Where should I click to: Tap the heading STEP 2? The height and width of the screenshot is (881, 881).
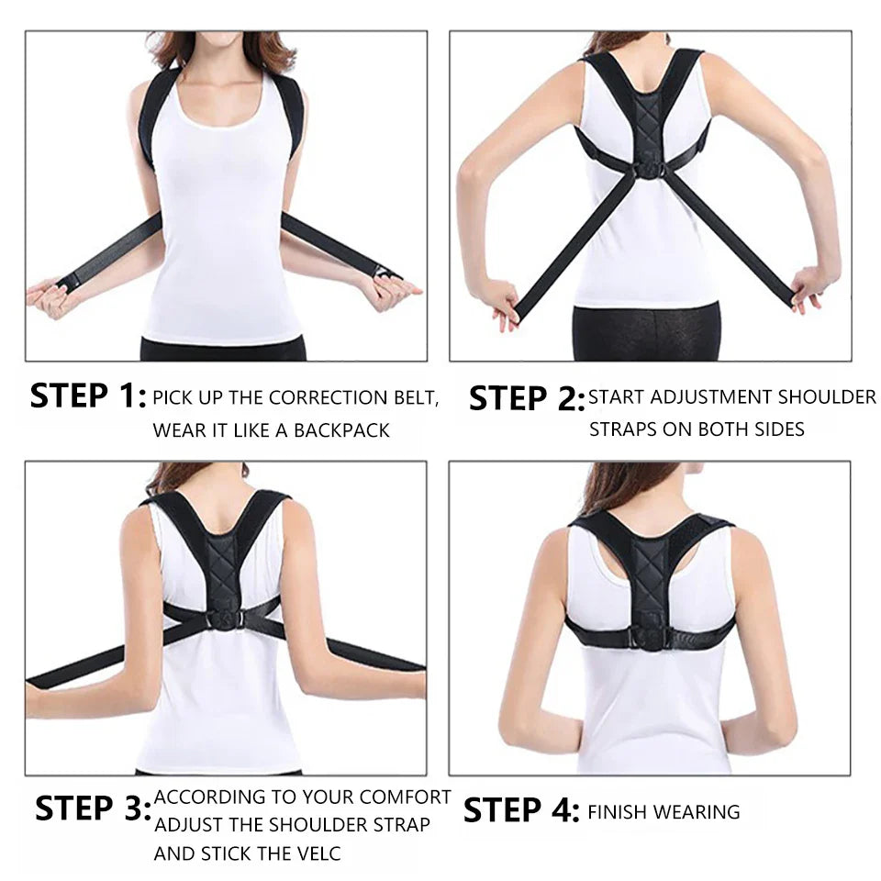526,398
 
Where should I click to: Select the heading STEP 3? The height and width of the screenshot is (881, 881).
93,809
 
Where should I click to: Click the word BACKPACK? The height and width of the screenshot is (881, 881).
341,429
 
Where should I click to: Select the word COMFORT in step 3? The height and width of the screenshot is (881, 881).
405,797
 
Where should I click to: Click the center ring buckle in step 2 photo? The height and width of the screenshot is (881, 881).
651,171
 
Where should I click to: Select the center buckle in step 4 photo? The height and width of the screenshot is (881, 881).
652,633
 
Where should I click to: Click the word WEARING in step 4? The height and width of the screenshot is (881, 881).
700,811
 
